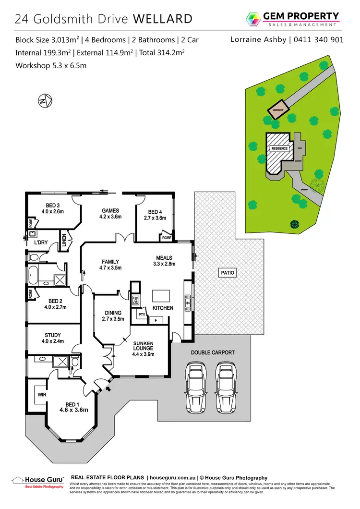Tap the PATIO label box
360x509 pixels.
[x=227, y=272]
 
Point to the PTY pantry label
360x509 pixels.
[x=142, y=315]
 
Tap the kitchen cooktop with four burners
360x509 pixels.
[x=136, y=301]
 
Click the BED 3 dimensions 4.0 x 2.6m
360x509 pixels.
[x=52, y=211]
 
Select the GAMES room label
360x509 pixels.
[x=110, y=210]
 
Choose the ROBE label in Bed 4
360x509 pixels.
[x=167, y=238]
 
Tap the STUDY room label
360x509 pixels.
[x=52, y=335]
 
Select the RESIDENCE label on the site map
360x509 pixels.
[x=279, y=148]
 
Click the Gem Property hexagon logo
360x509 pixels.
[x=252, y=20]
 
